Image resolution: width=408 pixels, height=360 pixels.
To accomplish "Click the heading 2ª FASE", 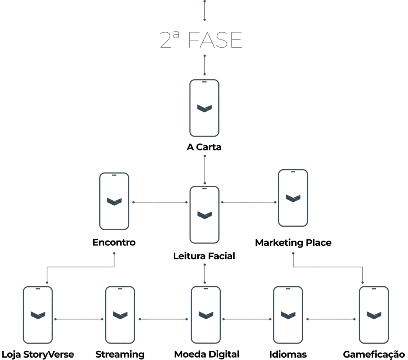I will pyautogui.click(x=201, y=40).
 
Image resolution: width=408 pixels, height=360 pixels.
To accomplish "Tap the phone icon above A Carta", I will pyautogui.click(x=204, y=108).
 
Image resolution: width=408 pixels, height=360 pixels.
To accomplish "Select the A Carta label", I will pyautogui.click(x=204, y=147).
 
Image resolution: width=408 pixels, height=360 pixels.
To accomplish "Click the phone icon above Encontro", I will pyautogui.click(x=114, y=201).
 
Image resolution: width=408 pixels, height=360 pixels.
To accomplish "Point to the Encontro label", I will pyautogui.click(x=114, y=242).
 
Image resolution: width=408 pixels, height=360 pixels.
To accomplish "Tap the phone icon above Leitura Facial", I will pyautogui.click(x=204, y=215).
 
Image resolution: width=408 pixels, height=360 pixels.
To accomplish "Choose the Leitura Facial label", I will pyautogui.click(x=204, y=256).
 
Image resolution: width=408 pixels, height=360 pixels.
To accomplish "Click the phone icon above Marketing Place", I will pyautogui.click(x=293, y=198).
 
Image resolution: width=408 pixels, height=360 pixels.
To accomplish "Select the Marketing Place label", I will pyautogui.click(x=293, y=242).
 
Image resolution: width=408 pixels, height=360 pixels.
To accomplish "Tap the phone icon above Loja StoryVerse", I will pyautogui.click(x=38, y=315).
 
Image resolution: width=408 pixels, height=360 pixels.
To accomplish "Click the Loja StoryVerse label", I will pyautogui.click(x=38, y=354).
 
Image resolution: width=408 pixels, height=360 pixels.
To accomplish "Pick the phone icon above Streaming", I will pyautogui.click(x=120, y=315).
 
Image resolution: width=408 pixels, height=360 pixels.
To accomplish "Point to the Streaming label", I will pyautogui.click(x=120, y=354).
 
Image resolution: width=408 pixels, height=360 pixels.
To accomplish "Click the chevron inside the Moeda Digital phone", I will pyautogui.click(x=206, y=315).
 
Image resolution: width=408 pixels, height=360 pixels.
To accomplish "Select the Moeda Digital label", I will pyautogui.click(x=206, y=354).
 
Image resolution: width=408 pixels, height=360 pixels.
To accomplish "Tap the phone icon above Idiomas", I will pyautogui.click(x=288, y=315).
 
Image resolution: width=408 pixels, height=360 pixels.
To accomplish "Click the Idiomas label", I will pyautogui.click(x=288, y=354).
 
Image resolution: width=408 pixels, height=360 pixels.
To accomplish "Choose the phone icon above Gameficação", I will pyautogui.click(x=374, y=315).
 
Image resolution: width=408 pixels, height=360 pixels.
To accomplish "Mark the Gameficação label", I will pyautogui.click(x=374, y=354).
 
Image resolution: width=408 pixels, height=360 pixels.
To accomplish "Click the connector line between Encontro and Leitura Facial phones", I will pyautogui.click(x=159, y=202).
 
